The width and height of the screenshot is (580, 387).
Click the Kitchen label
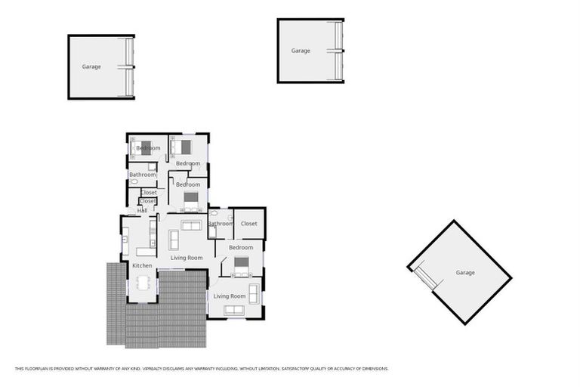pyautogui.click(x=142, y=266)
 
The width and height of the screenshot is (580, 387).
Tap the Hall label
pyautogui.click(x=142, y=210)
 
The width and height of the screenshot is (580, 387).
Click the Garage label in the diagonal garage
pyautogui.click(x=465, y=272)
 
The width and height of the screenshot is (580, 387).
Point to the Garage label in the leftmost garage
pyautogui.click(x=91, y=67)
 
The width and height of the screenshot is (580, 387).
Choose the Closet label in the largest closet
pyautogui.click(x=249, y=224)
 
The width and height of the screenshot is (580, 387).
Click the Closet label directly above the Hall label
pyautogui.click(x=148, y=201)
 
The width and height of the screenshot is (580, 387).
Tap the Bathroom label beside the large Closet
pyautogui.click(x=221, y=224)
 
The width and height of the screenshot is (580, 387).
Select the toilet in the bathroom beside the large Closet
pyautogui.click(x=214, y=215)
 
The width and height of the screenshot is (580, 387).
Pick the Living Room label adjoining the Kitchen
pyautogui.click(x=186, y=259)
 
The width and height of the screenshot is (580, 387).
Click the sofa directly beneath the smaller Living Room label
pyautogui.click(x=234, y=310)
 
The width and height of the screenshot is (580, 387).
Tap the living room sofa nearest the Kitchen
pyautogui.click(x=173, y=240)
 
